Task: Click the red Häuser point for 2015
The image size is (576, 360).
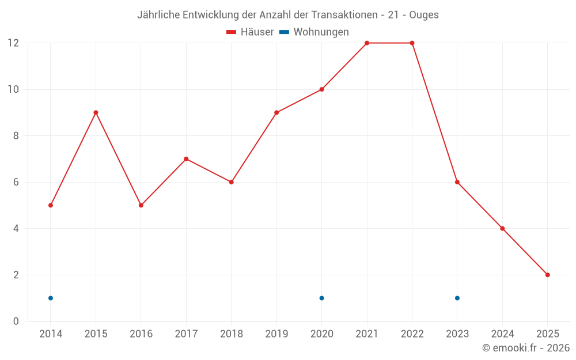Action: (x=96, y=112)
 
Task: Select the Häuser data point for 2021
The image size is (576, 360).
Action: (x=367, y=43)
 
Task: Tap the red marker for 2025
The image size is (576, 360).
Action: (x=547, y=275)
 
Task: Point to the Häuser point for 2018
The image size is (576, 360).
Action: (x=231, y=182)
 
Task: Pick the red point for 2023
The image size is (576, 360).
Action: (x=457, y=182)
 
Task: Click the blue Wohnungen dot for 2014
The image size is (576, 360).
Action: (x=51, y=298)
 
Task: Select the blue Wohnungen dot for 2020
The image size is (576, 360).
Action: (x=321, y=298)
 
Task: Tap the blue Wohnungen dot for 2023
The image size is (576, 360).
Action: (x=457, y=298)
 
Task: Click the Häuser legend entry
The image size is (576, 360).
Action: (x=250, y=32)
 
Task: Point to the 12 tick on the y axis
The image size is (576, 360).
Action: (x=13, y=43)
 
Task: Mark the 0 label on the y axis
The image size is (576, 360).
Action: (x=16, y=321)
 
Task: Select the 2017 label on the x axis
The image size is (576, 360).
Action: (x=186, y=334)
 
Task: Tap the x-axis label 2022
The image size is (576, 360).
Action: (x=412, y=334)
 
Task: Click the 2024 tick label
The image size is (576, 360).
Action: (x=502, y=334)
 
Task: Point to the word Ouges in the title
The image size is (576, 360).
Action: (x=424, y=15)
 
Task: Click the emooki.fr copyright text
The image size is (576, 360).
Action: (x=526, y=348)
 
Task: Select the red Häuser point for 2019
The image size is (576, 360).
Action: (x=276, y=112)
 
